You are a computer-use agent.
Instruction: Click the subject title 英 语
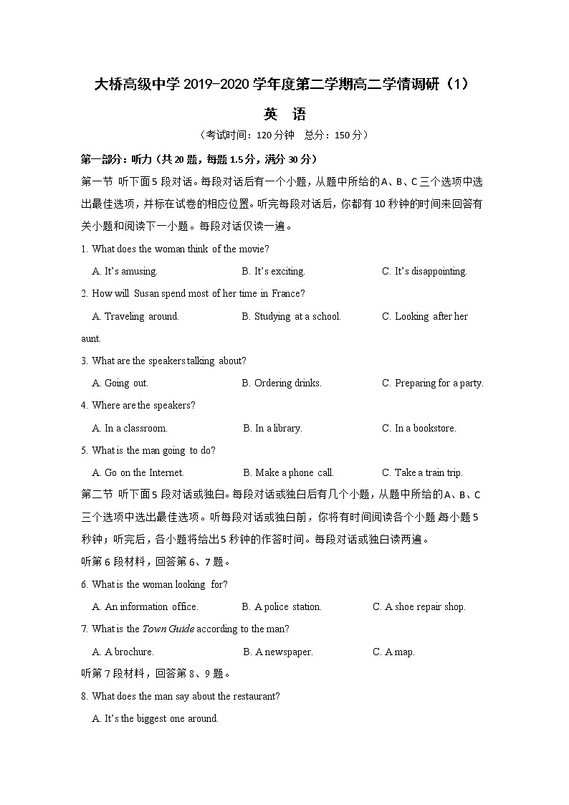tap(284, 114)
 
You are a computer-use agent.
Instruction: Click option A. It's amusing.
tap(125, 272)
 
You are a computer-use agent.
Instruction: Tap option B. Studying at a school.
tap(291, 316)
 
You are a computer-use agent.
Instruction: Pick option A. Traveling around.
tap(135, 316)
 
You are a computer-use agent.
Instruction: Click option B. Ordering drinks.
tap(282, 384)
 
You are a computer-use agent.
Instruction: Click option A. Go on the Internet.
tap(138, 473)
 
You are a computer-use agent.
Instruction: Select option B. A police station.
tap(282, 607)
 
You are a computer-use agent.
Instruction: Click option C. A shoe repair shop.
tap(419, 607)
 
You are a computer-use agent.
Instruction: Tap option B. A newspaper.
tap(278, 652)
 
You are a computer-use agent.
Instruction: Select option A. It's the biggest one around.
tap(156, 719)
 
